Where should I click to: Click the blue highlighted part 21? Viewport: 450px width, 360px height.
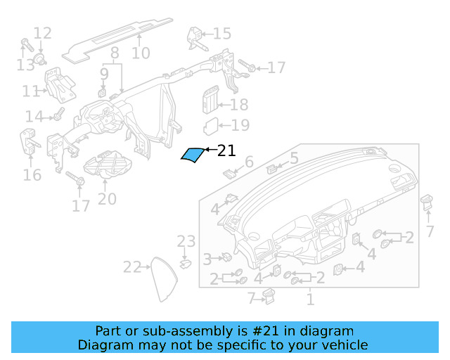[191, 155]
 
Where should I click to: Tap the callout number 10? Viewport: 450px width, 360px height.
[141, 53]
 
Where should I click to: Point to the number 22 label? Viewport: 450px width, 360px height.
[132, 266]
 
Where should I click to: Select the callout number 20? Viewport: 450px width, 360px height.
[107, 199]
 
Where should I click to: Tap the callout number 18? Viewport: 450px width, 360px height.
[239, 105]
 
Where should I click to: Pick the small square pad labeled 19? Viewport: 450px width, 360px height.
[211, 127]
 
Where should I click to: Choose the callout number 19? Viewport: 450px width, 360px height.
[240, 126]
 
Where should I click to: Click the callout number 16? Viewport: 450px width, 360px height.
[32, 174]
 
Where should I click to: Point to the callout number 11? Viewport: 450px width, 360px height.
[31, 91]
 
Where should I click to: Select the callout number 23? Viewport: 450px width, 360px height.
[186, 242]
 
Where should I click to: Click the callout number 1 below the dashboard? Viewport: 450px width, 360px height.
[309, 300]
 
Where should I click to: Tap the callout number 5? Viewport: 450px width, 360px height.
[294, 158]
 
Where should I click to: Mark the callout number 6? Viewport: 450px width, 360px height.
[248, 163]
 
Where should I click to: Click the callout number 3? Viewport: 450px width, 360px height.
[207, 259]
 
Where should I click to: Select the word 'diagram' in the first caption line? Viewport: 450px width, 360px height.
[330, 330]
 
